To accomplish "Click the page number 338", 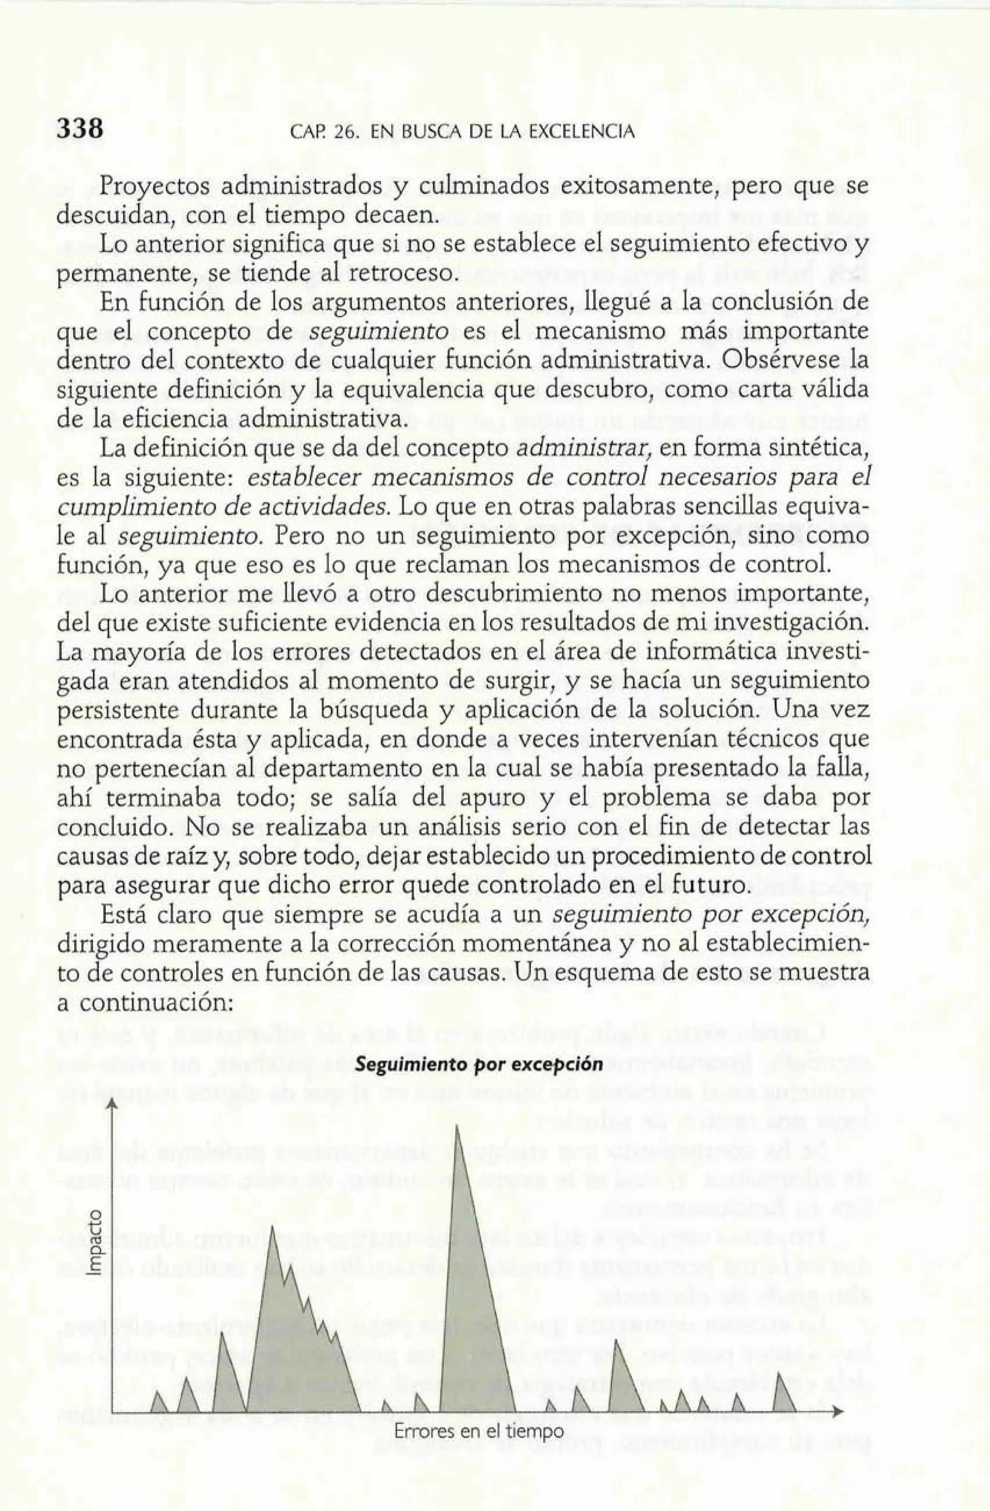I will (80, 130).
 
